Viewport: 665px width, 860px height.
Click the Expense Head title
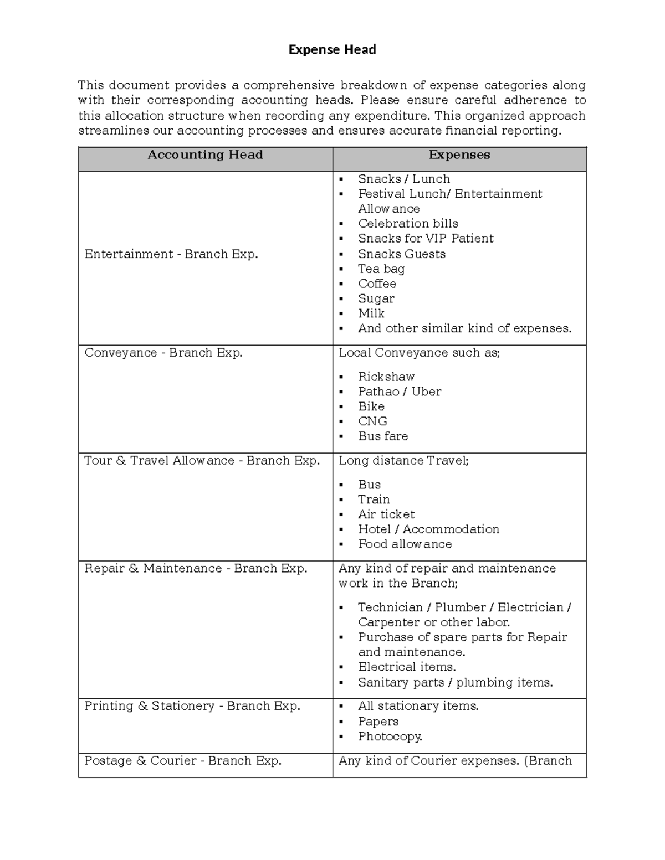(332, 50)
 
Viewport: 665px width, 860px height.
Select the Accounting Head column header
(205, 155)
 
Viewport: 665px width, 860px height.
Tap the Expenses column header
(459, 155)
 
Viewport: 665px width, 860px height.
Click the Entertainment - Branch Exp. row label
(171, 254)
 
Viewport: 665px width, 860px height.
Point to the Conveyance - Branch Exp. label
(163, 353)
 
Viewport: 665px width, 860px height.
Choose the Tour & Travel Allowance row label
(202, 461)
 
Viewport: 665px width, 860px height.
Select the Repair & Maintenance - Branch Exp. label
(196, 569)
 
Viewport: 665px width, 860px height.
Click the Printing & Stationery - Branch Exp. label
(192, 706)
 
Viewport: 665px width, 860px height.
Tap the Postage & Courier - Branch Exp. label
(183, 761)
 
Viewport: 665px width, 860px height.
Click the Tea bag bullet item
(381, 269)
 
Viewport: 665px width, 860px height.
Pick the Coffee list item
(377, 284)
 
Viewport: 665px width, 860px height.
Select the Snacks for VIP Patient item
(425, 239)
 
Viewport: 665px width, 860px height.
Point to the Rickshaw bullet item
(386, 377)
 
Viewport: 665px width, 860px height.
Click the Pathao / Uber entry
(399, 392)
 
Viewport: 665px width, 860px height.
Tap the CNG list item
(372, 421)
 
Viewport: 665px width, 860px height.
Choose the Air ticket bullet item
(386, 514)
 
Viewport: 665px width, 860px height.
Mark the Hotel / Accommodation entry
(428, 529)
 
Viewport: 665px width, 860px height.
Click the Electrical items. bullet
(407, 667)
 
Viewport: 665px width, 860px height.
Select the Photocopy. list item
(390, 737)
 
